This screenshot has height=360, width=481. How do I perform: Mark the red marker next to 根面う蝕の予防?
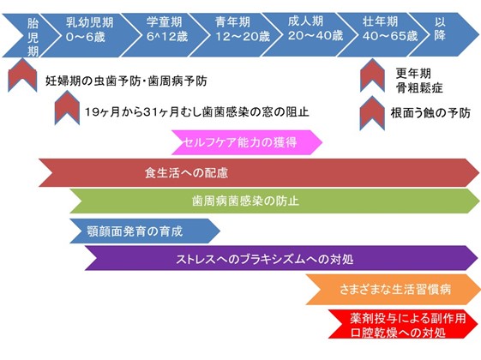point(372,112)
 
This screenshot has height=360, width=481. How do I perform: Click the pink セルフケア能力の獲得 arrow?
point(247,142)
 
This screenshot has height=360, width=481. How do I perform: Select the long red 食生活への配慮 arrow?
point(259,172)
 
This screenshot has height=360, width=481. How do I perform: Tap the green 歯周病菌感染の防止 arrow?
point(274,201)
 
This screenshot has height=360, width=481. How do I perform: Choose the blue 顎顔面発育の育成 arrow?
point(145,231)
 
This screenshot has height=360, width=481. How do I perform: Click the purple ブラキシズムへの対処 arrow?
point(281,258)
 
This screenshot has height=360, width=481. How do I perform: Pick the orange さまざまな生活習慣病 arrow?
point(393,290)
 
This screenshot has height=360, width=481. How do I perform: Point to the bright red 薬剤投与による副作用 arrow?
point(403,324)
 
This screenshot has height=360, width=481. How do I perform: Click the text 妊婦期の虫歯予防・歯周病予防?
point(126,81)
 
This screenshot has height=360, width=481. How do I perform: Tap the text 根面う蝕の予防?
point(430,113)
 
